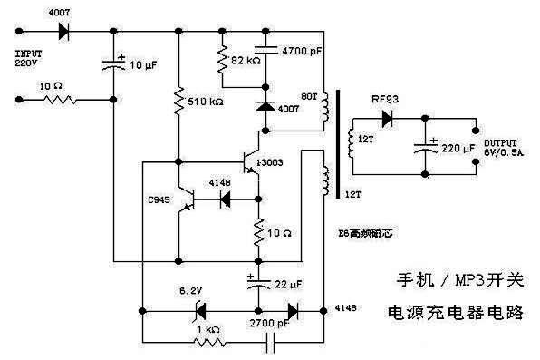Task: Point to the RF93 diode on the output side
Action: pos(388,117)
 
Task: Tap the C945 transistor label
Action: pos(159,199)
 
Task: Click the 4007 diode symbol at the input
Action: pos(63,30)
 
